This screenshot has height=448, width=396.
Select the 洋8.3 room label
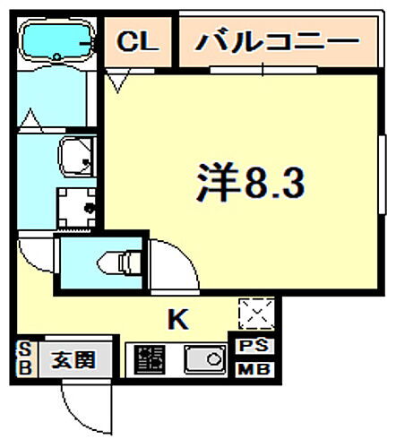252,184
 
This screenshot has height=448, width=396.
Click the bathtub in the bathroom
56,41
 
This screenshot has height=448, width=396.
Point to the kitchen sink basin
206,361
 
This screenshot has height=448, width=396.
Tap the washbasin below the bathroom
76,159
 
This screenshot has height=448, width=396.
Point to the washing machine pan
79,208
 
